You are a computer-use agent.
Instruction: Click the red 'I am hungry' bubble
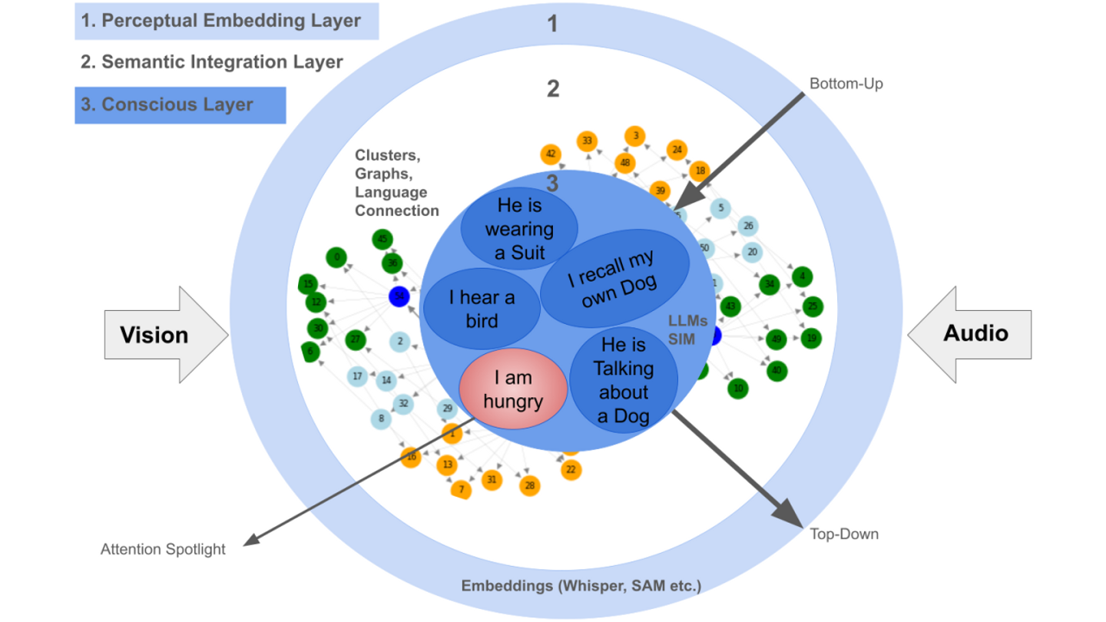coord(513,389)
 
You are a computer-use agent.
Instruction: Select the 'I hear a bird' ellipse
coord(482,308)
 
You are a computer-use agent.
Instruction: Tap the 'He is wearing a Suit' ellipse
coord(519,229)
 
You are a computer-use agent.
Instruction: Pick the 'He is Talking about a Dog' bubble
coord(624,381)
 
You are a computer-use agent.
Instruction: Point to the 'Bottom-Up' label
coord(846,84)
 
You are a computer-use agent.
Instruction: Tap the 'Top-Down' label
coord(844,534)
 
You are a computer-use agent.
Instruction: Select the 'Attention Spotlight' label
coord(163,549)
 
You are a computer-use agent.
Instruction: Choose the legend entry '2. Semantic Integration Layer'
coord(211,62)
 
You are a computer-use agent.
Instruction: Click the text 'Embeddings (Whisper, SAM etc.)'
coord(581,586)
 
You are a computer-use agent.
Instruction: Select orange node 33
coord(588,141)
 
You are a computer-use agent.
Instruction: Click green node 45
coord(382,240)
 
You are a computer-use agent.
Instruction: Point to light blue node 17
coord(357,376)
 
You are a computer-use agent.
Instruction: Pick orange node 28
coord(529,485)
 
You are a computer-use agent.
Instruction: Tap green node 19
coord(811,337)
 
